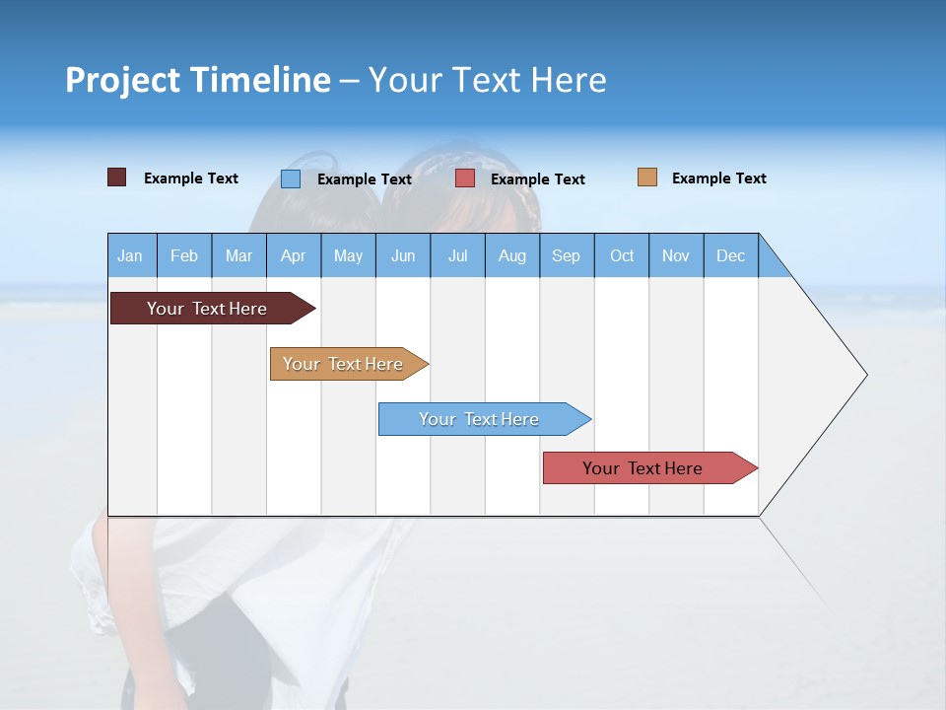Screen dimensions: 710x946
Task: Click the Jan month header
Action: tap(130, 255)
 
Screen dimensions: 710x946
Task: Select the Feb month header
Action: tap(184, 255)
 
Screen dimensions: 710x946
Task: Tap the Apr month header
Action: tap(293, 255)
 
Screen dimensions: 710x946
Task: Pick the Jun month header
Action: tap(403, 255)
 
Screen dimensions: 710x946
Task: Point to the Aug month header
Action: tap(511, 255)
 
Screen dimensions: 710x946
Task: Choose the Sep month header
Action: tap(566, 255)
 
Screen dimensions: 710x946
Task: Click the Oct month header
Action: tap(622, 255)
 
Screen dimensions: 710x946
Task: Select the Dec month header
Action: tap(730, 255)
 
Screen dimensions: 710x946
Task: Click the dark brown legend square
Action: tap(116, 177)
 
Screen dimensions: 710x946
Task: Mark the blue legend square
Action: tap(291, 178)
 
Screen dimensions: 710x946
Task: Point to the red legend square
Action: tap(465, 178)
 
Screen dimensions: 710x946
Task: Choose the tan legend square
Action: tap(647, 177)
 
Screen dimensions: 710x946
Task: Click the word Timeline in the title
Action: tap(258, 80)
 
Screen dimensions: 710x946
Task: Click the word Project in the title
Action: tap(120, 80)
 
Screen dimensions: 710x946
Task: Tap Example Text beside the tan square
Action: tap(718, 178)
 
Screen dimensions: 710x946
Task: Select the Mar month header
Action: tap(238, 255)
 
